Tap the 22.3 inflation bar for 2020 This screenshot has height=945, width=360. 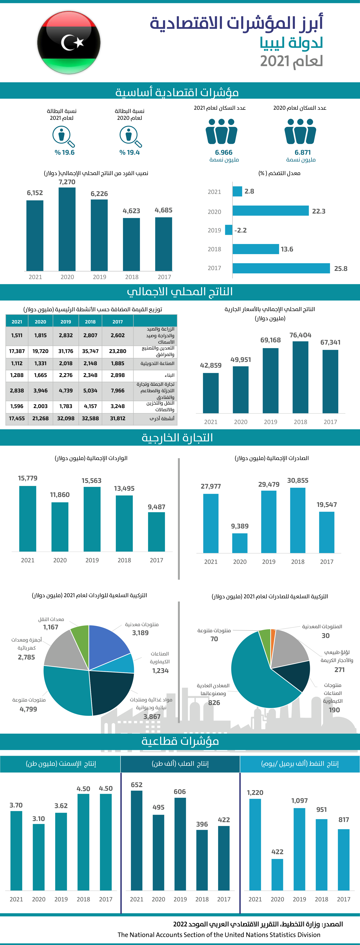270,210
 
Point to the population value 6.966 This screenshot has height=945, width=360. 223,152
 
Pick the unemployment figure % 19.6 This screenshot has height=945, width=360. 65,152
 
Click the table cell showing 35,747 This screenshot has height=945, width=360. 90,351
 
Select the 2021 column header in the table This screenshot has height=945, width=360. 17,322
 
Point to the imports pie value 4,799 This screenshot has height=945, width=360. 28,709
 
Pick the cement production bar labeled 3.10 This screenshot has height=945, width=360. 38,857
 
